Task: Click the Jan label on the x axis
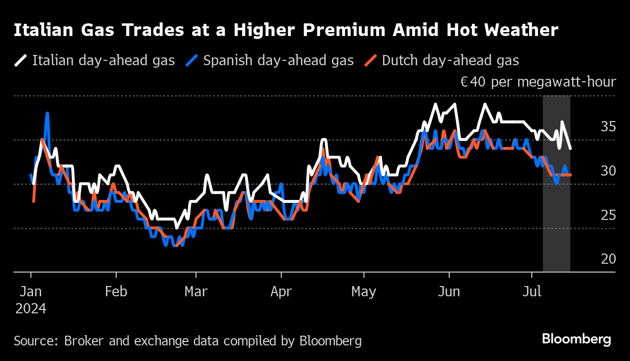(x=31, y=292)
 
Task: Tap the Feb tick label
(x=116, y=292)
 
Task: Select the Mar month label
(x=196, y=292)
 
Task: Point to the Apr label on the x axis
(x=281, y=292)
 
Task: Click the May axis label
(x=364, y=292)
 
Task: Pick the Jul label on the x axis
(x=532, y=292)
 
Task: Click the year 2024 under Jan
(x=31, y=309)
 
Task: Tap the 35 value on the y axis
(x=608, y=127)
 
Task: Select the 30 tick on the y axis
(x=608, y=171)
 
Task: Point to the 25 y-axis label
(x=608, y=215)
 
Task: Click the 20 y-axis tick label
(x=608, y=259)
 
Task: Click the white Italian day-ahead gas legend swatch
(x=20, y=60)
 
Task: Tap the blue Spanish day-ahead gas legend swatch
(x=192, y=60)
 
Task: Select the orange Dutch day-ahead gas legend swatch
(x=370, y=60)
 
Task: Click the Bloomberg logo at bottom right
(x=577, y=339)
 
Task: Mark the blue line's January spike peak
(x=48, y=113)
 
